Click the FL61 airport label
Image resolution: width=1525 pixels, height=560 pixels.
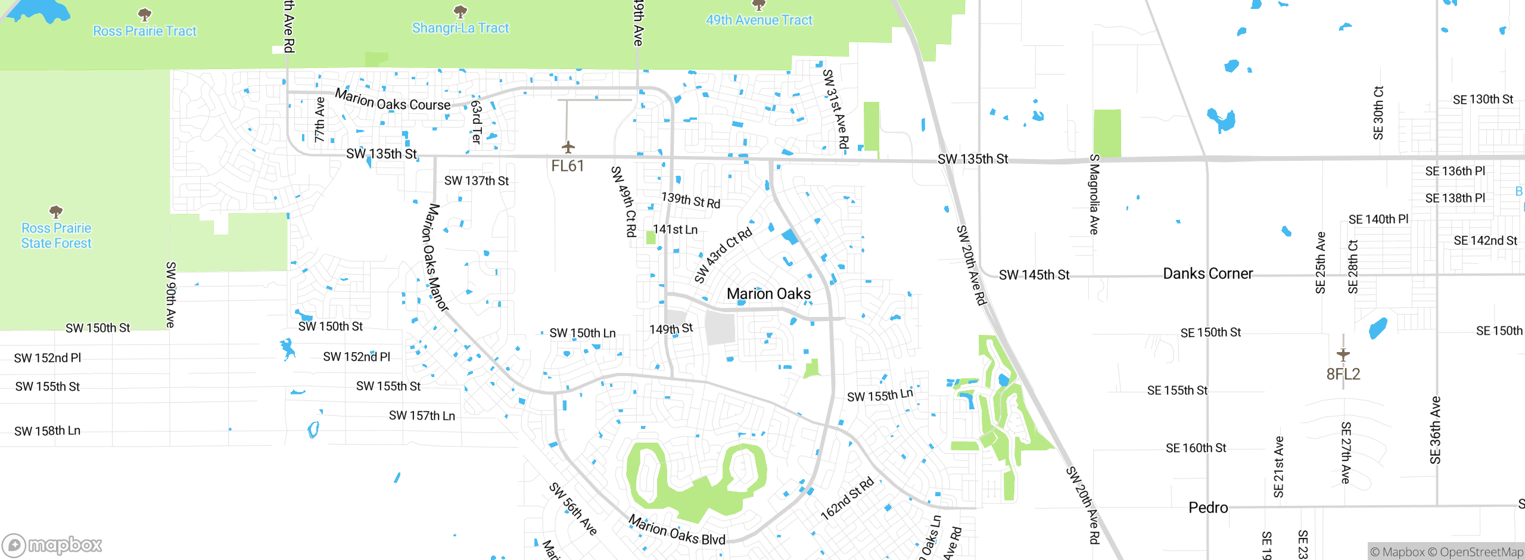(x=567, y=166)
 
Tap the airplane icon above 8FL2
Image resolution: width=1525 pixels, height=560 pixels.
(x=1343, y=354)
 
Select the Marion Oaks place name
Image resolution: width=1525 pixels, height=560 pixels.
(x=768, y=294)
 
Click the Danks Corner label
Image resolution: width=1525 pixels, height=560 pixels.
(x=1207, y=273)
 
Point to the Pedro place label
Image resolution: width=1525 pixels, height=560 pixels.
(x=1207, y=508)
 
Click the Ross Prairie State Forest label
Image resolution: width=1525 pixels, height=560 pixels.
(x=56, y=236)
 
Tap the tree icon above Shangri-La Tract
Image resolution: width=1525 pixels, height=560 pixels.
(x=460, y=11)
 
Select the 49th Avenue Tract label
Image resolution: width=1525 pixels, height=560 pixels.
(x=759, y=20)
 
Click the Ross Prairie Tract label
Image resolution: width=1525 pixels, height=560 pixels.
(x=145, y=31)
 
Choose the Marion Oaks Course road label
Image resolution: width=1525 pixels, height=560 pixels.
(x=393, y=101)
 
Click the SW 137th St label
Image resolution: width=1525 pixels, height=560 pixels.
(x=477, y=181)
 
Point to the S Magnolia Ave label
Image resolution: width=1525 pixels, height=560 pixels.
(x=1094, y=194)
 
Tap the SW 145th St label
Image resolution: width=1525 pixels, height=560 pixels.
(x=1034, y=275)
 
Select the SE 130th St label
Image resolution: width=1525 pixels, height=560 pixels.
(x=1482, y=99)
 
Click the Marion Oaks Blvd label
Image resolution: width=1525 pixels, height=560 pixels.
(x=677, y=530)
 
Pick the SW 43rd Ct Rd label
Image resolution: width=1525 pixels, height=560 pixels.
(x=723, y=255)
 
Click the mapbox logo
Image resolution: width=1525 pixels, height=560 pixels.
(x=52, y=545)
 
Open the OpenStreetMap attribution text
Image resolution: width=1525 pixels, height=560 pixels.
(x=1481, y=552)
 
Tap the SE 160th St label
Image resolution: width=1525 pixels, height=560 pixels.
(x=1196, y=448)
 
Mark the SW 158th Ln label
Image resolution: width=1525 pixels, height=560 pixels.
(x=47, y=431)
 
